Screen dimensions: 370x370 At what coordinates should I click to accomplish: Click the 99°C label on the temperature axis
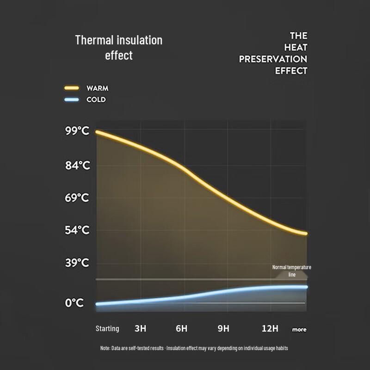tap(77, 131)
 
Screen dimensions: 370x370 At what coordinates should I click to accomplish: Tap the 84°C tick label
tap(77, 165)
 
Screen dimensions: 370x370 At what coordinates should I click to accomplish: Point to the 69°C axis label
tap(77, 198)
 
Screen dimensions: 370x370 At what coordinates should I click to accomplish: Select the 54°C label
tap(77, 230)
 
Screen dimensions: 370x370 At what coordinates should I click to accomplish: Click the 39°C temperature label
tap(77, 263)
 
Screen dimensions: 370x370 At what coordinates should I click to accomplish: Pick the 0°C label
tap(74, 303)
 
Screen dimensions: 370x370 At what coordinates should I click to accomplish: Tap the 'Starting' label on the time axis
tap(107, 329)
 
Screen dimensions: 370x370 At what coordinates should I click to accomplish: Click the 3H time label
tap(140, 329)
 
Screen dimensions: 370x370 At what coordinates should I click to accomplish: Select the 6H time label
tap(182, 329)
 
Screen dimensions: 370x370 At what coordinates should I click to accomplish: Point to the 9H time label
tap(223, 329)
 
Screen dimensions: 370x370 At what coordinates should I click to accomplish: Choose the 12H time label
tap(270, 329)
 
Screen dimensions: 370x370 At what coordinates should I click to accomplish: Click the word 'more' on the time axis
tap(299, 330)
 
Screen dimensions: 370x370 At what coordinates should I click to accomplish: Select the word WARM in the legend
tap(97, 88)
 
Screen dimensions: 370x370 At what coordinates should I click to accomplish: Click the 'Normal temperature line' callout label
tap(291, 271)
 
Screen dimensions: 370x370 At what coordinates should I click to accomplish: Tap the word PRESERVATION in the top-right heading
tap(273, 59)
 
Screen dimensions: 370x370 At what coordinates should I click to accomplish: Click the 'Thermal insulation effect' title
tap(119, 47)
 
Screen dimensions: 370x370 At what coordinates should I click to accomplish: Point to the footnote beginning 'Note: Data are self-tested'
tap(194, 348)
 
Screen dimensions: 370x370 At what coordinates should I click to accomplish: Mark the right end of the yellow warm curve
tap(305, 234)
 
